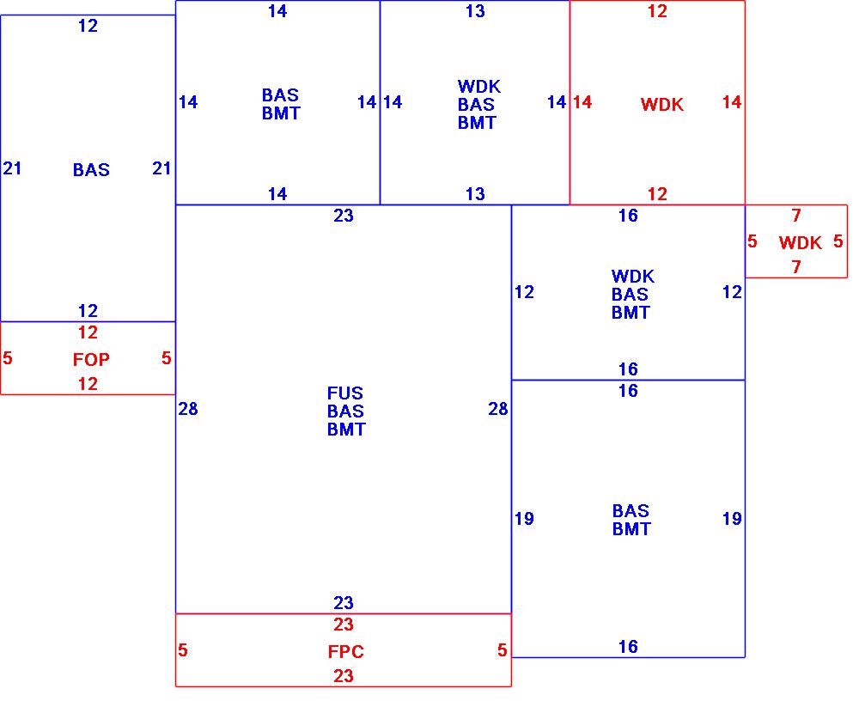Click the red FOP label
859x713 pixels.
[91, 360]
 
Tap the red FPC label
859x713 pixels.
[345, 652]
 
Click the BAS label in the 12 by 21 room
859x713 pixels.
[91, 170]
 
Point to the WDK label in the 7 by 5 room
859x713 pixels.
[800, 243]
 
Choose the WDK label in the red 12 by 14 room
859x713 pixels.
[662, 105]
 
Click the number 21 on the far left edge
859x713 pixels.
[12, 168]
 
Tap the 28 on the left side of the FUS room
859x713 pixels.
[188, 409]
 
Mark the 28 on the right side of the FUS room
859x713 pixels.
[498, 409]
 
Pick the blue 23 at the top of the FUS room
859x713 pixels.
[344, 216]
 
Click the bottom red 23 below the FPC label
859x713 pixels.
[344, 676]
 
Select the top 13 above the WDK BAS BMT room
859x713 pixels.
[475, 11]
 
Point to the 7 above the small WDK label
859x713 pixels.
[796, 216]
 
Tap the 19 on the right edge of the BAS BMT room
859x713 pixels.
[732, 519]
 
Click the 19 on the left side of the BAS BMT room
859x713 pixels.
[524, 519]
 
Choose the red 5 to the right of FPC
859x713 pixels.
[503, 651]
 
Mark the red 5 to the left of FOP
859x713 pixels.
[8, 358]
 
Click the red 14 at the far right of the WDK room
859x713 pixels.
[732, 102]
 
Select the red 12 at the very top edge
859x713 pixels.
[657, 11]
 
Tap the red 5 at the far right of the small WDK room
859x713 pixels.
[838, 241]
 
